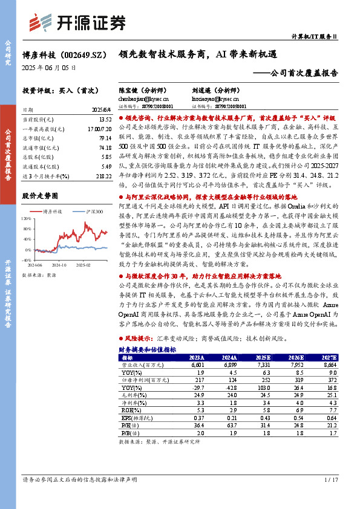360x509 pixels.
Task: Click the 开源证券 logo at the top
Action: click(x=77, y=23)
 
